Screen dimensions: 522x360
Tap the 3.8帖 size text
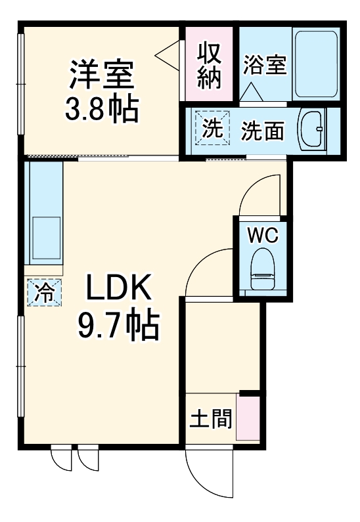pyautogui.click(x=102, y=108)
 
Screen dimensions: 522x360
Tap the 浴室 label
pyautogui.click(x=265, y=66)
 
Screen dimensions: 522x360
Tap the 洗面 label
pyautogui.click(x=263, y=131)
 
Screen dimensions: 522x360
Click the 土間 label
pyautogui.click(x=211, y=418)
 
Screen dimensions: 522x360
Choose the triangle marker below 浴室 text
pyautogui.click(x=251, y=92)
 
